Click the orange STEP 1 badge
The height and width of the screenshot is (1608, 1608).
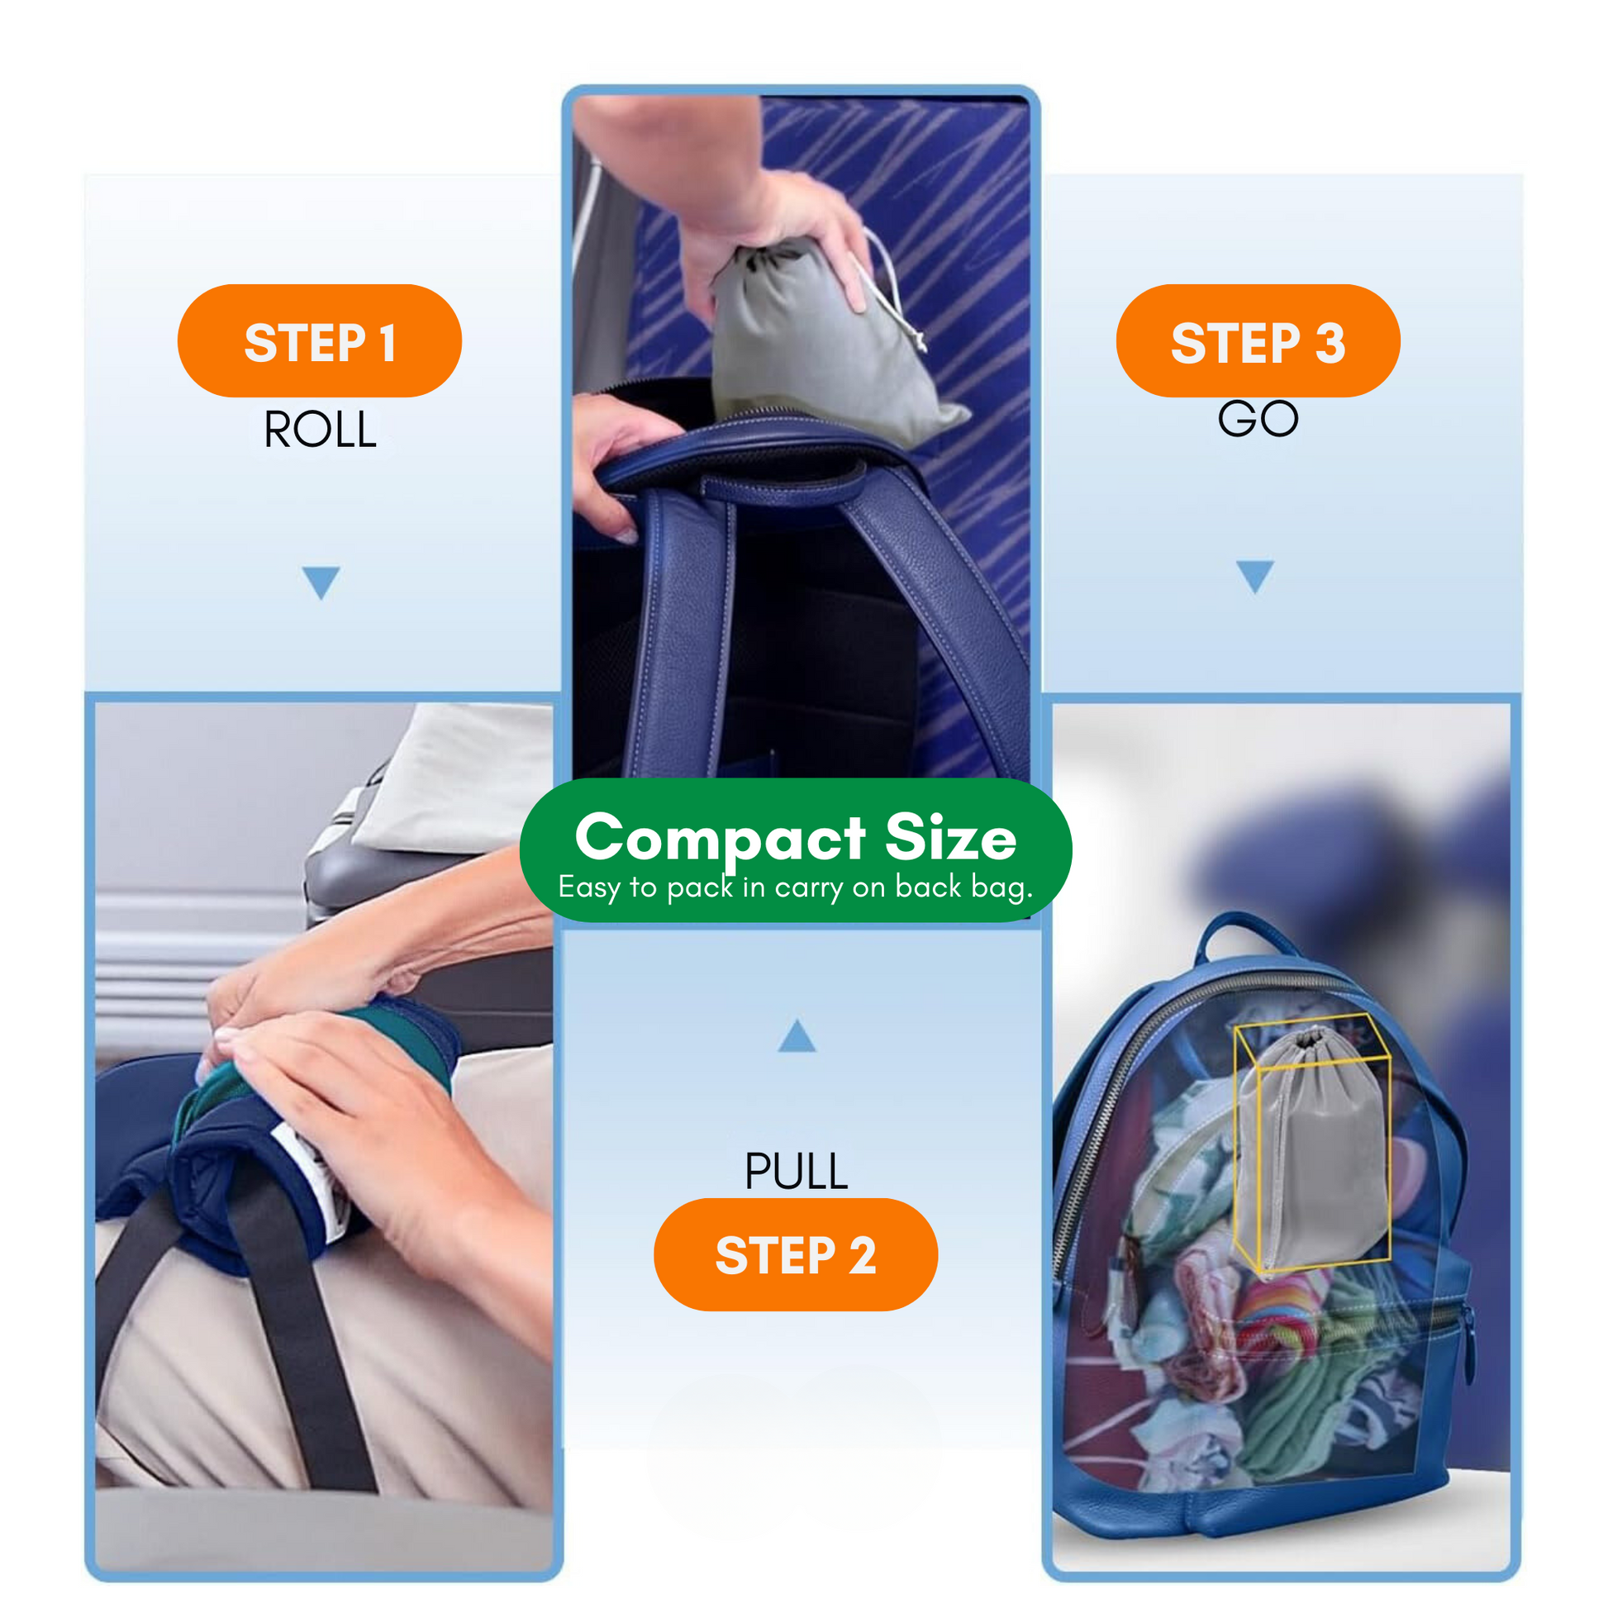click(x=320, y=340)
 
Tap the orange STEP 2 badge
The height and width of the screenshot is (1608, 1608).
click(x=796, y=1254)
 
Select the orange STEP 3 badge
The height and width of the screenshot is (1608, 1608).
click(x=1258, y=340)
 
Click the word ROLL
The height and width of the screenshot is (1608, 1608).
click(x=320, y=430)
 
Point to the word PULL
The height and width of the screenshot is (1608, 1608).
click(x=796, y=1172)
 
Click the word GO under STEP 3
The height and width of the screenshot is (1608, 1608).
click(x=1258, y=419)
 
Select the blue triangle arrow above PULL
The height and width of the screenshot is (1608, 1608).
click(x=797, y=1035)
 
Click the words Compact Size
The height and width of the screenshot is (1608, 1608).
click(x=796, y=836)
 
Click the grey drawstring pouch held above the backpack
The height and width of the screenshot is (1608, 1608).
click(x=824, y=341)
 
